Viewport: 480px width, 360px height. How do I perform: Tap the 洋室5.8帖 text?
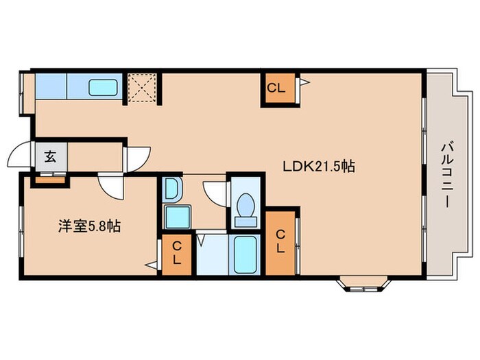click(x=89, y=226)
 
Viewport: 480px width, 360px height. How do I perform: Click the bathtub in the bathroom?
click(x=245, y=255)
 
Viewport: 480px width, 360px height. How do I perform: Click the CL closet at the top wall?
click(x=276, y=88)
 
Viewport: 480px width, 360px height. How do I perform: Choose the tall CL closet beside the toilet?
click(x=280, y=241)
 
